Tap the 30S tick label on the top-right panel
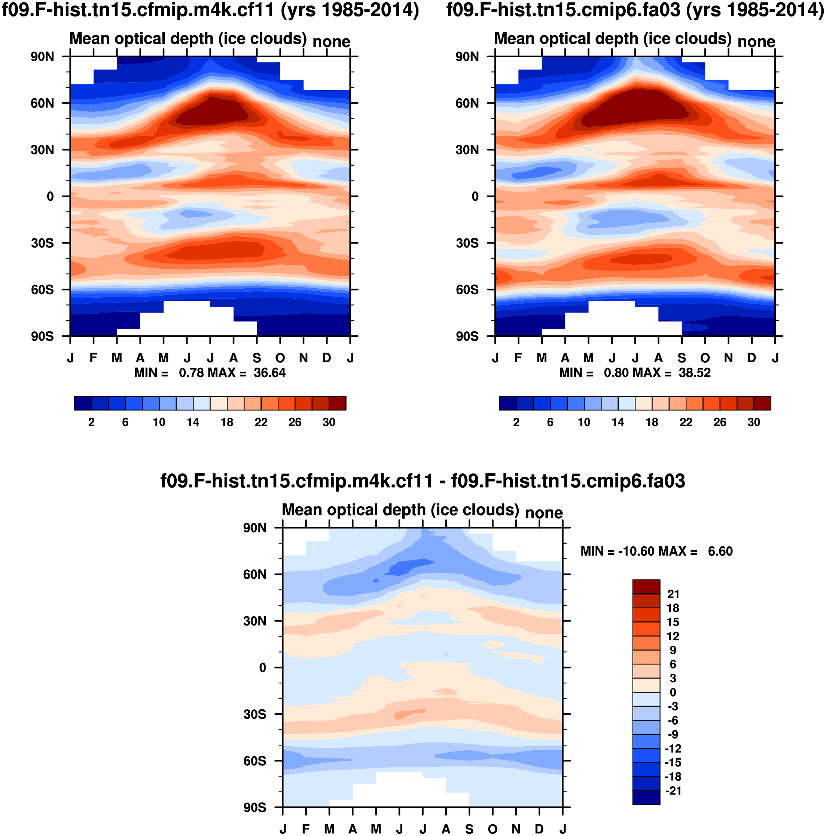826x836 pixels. [x=467, y=243]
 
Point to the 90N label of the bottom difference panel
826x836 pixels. [x=255, y=528]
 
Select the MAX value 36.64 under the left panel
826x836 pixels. [x=269, y=373]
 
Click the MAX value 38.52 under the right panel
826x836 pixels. [x=694, y=373]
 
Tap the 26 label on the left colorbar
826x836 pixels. [x=295, y=422]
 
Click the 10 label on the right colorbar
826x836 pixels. [x=583, y=422]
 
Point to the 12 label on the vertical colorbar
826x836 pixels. [x=673, y=636]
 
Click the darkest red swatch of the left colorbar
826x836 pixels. [x=338, y=403]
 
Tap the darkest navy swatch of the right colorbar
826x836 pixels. [x=507, y=403]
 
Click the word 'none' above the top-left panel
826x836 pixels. [x=331, y=42]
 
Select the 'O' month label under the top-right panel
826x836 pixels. [x=705, y=358]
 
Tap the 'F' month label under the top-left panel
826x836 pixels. [x=94, y=358]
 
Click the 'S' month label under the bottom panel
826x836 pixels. [x=469, y=829]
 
